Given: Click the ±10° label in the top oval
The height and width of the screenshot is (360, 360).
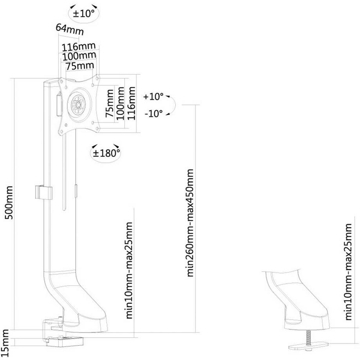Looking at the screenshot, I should point(84,13).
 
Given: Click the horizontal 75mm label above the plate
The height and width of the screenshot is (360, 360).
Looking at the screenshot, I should point(80,66).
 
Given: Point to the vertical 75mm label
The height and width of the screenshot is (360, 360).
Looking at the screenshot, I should point(110,103).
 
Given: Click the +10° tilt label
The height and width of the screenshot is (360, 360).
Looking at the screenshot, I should point(153,96).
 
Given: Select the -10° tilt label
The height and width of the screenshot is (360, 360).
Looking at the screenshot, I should point(153,114).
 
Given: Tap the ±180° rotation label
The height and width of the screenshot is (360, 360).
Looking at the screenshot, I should point(105,153).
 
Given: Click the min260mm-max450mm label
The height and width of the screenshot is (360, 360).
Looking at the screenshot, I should point(190,223).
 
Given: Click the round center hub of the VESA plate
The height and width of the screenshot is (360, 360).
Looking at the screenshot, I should point(79,105).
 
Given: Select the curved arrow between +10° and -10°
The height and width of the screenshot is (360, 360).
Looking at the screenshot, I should point(173,105).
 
